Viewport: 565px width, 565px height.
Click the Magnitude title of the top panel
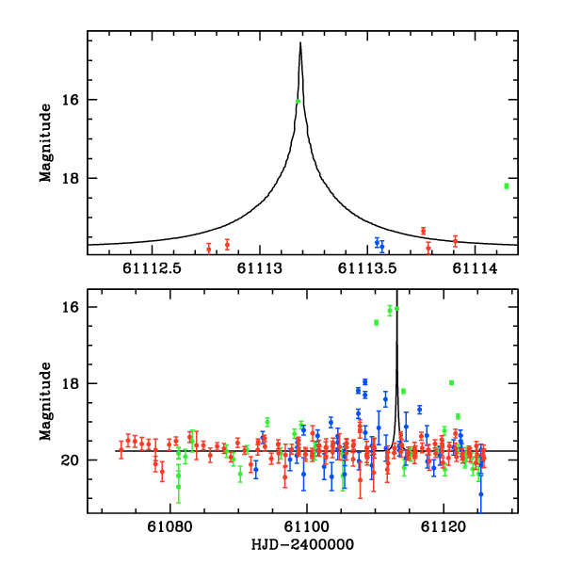coord(44,141)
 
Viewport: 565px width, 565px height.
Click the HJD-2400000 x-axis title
coord(303,545)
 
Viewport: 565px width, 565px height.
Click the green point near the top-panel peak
coord(298,101)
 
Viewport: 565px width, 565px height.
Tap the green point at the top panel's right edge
coord(507,186)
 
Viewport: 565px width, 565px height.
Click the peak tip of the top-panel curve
coord(300,42)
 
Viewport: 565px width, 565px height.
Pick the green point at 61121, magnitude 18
coord(452,382)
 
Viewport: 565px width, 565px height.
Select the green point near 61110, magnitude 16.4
coord(377,322)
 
